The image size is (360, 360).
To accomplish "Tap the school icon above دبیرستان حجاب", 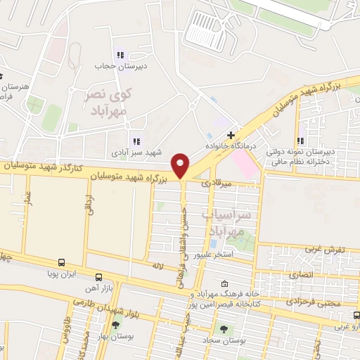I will point(120,55).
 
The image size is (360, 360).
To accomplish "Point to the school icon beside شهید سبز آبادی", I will point(136,141).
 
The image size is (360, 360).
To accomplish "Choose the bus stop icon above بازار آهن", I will point(98,277).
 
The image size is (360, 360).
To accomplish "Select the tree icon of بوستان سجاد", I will point(224,328).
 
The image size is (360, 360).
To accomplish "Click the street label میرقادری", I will point(215,183).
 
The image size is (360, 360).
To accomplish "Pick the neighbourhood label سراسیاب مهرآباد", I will point(226,221).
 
